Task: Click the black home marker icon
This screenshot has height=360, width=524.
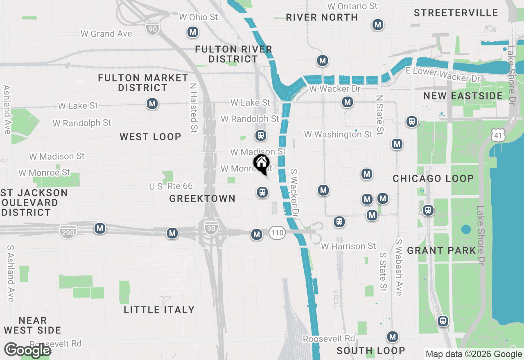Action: (x=262, y=164)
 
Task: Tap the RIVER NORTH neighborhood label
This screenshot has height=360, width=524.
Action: (x=322, y=17)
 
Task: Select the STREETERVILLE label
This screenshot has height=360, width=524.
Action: (x=456, y=13)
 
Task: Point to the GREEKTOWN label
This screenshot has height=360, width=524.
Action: (x=202, y=198)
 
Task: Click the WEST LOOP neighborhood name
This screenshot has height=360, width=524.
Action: (x=150, y=137)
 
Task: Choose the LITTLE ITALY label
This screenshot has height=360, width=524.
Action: (x=159, y=310)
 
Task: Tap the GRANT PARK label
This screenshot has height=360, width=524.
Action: (x=442, y=250)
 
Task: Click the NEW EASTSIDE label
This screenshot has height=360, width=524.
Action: (x=463, y=96)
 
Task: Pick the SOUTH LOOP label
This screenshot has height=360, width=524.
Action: (x=371, y=351)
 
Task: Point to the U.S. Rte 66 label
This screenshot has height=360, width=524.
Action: (x=171, y=186)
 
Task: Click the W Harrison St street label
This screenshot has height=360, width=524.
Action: (x=348, y=246)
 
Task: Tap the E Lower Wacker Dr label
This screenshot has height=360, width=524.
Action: (x=443, y=74)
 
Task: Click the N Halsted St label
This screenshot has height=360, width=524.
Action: (x=194, y=108)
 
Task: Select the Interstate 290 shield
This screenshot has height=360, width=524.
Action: (x=68, y=232)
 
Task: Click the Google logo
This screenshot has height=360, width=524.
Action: (x=27, y=350)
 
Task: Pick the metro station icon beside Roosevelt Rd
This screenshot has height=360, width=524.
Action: (x=393, y=337)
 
